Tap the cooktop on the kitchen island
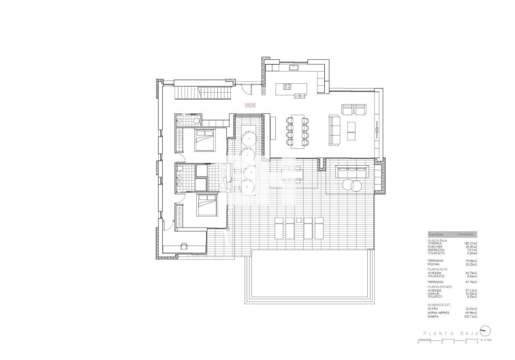286,87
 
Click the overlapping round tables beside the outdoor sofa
354,184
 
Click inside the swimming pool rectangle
310,273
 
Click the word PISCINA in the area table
433,264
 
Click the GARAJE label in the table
433,294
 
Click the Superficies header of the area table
436,233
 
